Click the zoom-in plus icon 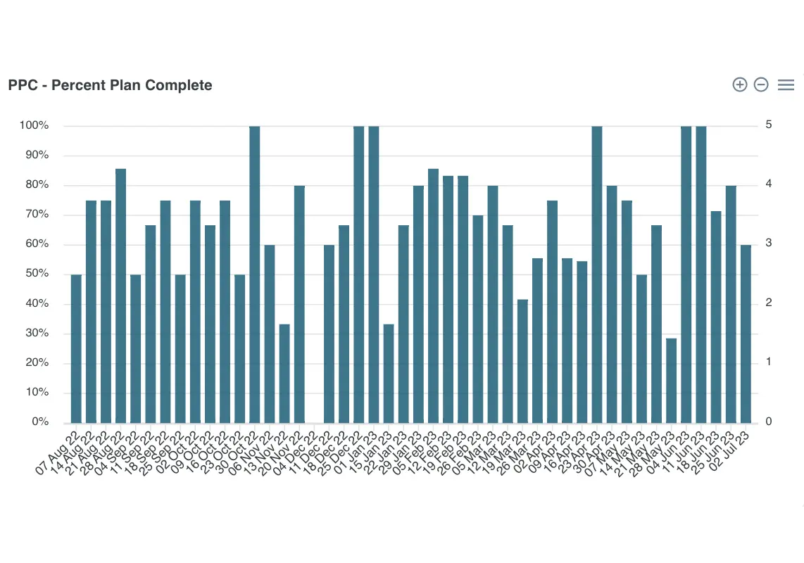point(739,84)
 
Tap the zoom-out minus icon point(761,84)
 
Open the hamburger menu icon point(786,84)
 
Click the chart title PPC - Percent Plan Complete point(110,85)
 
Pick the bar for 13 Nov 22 point(284,374)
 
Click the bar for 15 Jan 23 point(389,374)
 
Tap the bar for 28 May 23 point(671,381)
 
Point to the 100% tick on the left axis point(34,125)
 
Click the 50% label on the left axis point(36,274)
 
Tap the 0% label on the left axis point(39,422)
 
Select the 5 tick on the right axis point(769,125)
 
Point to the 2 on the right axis point(769,303)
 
